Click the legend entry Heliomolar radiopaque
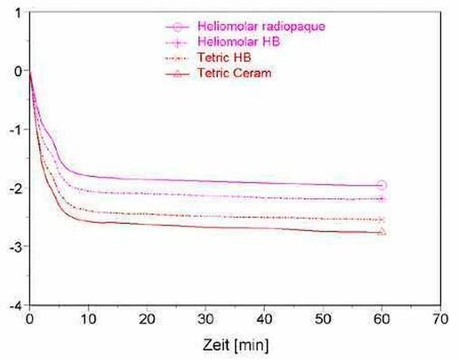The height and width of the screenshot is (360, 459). coord(265,26)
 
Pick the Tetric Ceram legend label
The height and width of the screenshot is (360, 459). coord(234,73)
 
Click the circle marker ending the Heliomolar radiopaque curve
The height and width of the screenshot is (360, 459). coord(382,185)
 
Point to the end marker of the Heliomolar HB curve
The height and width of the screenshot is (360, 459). coord(382,199)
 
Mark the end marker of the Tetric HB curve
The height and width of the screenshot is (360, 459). coord(382,220)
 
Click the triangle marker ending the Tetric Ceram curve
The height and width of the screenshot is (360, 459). coord(382,232)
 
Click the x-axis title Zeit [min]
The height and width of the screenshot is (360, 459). coord(235,346)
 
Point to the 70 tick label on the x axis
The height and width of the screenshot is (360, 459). coord(441,318)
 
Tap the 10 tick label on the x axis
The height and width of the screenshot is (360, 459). coord(88,318)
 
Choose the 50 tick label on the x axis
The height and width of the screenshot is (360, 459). coord(323,318)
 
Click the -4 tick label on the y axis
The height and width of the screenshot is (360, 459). coord(18,305)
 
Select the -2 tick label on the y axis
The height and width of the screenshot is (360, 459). coord(18,188)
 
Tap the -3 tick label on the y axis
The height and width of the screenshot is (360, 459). coord(18,246)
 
